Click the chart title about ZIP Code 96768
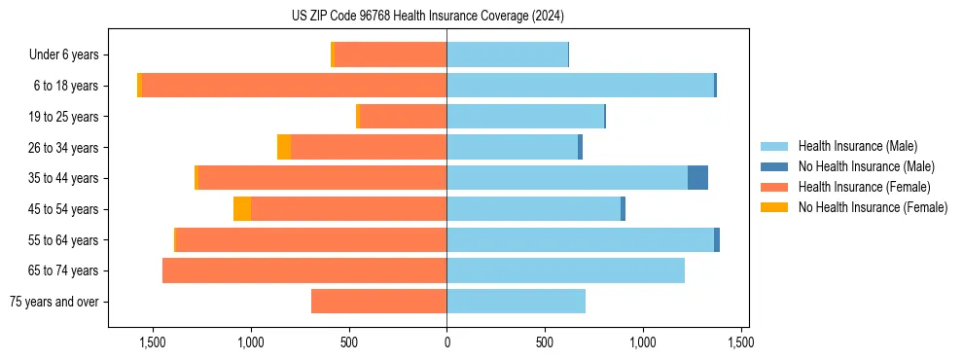428,17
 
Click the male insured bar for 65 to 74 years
565,270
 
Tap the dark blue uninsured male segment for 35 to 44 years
697,178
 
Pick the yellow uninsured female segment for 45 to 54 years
242,209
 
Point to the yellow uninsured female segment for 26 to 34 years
284,147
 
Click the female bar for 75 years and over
379,302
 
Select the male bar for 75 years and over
516,302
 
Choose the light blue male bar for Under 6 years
507,54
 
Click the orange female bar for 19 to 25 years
403,117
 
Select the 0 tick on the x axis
446,342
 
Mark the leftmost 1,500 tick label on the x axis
153,342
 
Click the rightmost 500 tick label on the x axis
545,342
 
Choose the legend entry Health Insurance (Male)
857,146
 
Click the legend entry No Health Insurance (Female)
873,207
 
